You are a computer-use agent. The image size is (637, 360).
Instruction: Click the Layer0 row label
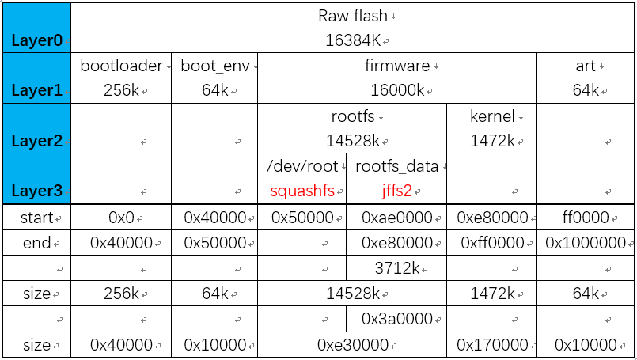pos(36,40)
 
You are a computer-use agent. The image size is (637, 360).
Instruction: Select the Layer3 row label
pos(36,192)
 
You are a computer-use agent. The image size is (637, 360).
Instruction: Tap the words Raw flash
pos(353,16)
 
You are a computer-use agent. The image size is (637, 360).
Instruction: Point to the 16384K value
pos(353,40)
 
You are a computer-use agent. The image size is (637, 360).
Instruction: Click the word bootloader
pos(121,66)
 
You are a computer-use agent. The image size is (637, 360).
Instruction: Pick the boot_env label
pos(214,66)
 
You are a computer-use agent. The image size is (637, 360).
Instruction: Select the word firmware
pos(397,66)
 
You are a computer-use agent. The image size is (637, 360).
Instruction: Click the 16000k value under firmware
pos(397,91)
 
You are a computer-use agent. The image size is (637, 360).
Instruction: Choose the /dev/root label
pos(302,167)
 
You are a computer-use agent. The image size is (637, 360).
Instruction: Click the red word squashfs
pos(302,191)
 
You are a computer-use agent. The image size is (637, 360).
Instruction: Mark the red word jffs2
pos(396,191)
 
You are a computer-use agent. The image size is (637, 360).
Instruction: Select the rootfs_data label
pos(396,167)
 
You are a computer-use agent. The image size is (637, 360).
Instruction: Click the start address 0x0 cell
pos(121,218)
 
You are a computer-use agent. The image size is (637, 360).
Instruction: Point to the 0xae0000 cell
pos(397,218)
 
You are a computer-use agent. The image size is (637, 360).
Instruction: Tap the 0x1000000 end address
pos(586,243)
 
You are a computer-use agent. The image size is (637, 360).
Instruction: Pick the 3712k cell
pos(397,268)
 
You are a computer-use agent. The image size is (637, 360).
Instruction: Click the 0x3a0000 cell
pos(397,320)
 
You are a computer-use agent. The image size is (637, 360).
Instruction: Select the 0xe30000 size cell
pos(353,345)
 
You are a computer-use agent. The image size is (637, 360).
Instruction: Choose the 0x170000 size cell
pos(492,345)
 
